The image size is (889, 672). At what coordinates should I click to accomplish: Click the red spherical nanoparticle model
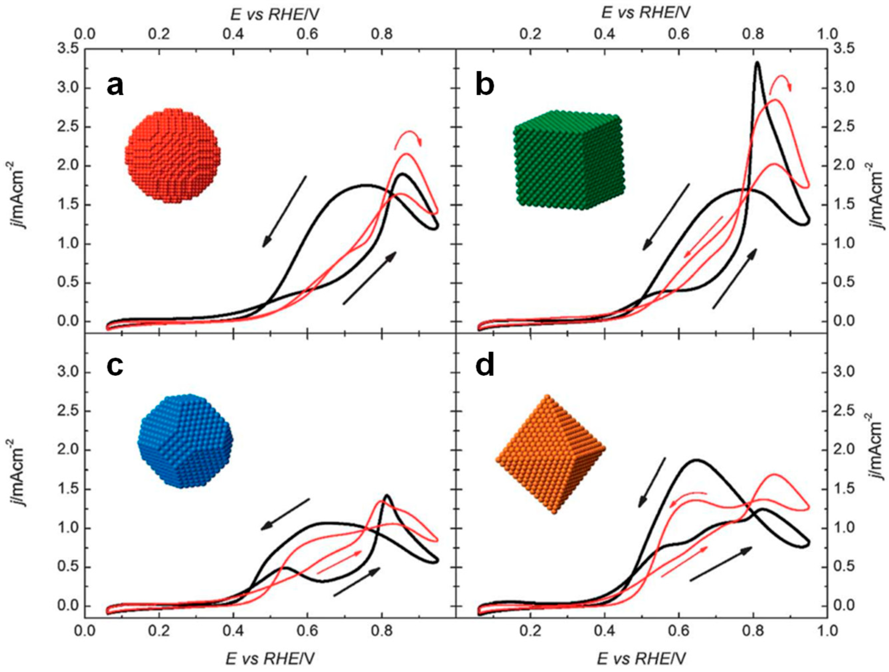173,156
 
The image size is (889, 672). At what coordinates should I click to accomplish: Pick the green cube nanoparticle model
569,160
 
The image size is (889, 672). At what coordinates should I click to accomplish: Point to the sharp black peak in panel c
387,495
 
